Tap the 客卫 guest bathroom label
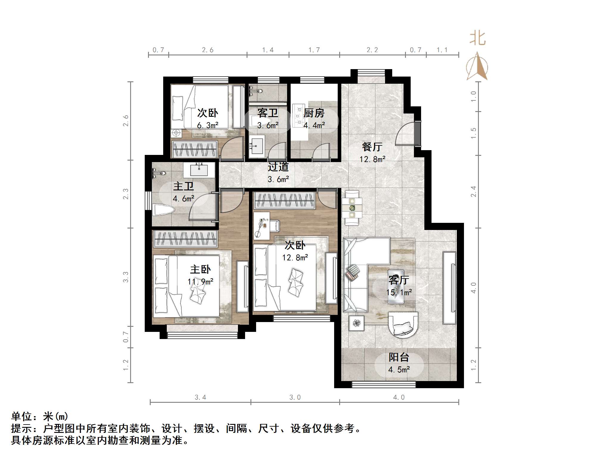(x=267, y=113)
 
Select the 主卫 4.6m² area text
(x=183, y=198)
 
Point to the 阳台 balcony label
(x=399, y=357)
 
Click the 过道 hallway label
(x=278, y=167)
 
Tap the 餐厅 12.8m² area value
(x=372, y=159)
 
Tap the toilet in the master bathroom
(x=163, y=209)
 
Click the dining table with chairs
(x=352, y=208)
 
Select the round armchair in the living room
(x=403, y=325)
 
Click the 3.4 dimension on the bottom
(x=200, y=397)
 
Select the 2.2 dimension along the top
(x=372, y=50)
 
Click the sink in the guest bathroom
(x=256, y=146)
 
